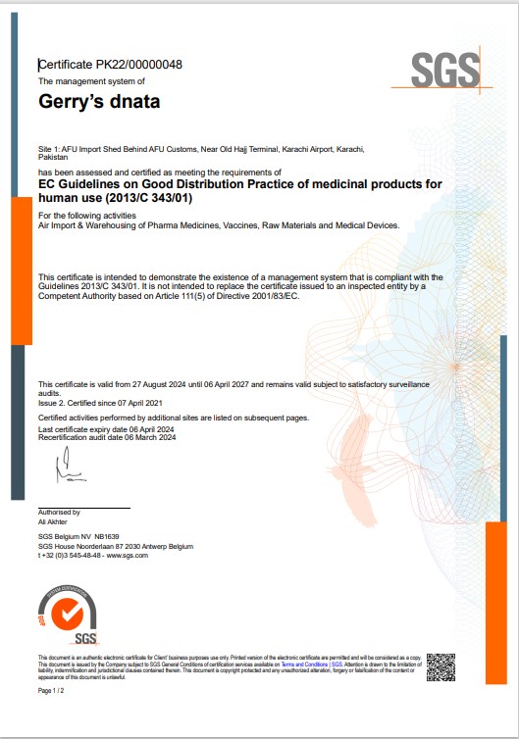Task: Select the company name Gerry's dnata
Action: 98,101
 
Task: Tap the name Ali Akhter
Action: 54,522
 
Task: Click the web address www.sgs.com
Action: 129,555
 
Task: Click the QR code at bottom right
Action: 441,665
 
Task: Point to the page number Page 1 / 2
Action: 50,691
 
